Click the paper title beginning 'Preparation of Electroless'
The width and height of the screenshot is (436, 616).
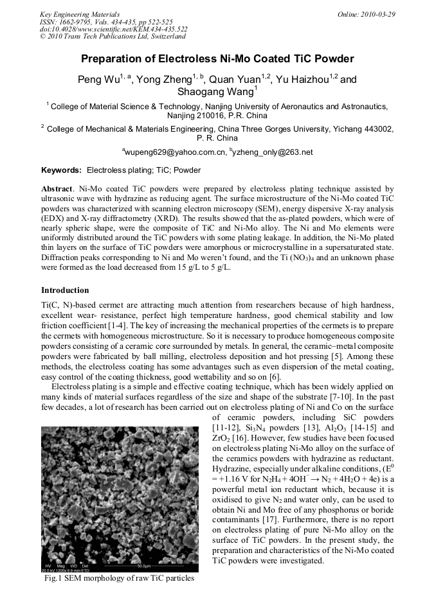pyautogui.click(x=217, y=59)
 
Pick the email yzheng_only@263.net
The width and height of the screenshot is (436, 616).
pyautogui.click(x=273, y=152)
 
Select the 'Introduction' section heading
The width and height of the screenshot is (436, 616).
pyautogui.click(x=65, y=290)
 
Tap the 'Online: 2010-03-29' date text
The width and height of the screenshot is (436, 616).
pyautogui.click(x=366, y=14)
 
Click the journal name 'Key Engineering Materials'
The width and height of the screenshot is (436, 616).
pyautogui.click(x=80, y=14)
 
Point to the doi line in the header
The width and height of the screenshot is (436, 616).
pyautogui.click(x=113, y=30)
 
